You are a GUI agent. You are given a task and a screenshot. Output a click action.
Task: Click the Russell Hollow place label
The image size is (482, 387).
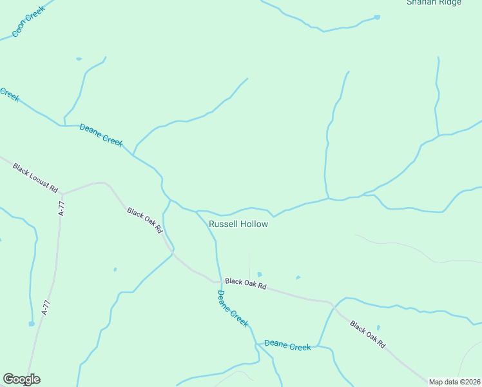click(x=238, y=224)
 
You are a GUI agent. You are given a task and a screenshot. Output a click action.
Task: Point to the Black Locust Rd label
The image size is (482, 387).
click(x=35, y=178)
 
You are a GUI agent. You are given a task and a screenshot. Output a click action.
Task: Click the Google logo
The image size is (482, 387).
click(x=21, y=379)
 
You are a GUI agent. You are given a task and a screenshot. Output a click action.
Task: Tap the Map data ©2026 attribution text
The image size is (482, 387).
click(x=455, y=382)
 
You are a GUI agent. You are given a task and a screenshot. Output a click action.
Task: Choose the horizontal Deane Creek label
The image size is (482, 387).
click(x=287, y=346)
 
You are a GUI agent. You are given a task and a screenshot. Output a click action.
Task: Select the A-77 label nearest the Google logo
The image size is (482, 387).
click(x=45, y=307)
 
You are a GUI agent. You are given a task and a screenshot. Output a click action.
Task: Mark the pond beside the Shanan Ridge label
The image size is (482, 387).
click(x=377, y=17)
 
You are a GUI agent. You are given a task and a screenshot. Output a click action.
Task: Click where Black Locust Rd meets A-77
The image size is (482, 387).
click(x=63, y=193)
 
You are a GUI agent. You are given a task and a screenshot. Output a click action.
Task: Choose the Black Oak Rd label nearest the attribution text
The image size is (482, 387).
click(x=367, y=334)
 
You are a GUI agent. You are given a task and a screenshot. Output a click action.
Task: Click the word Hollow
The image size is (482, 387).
click(x=254, y=224)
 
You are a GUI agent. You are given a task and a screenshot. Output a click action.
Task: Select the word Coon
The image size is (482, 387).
click(x=19, y=28)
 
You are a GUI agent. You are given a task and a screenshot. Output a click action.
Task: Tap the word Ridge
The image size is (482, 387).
click(x=450, y=3)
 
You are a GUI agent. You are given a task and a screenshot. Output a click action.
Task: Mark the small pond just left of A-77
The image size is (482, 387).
click(x=31, y=324)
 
